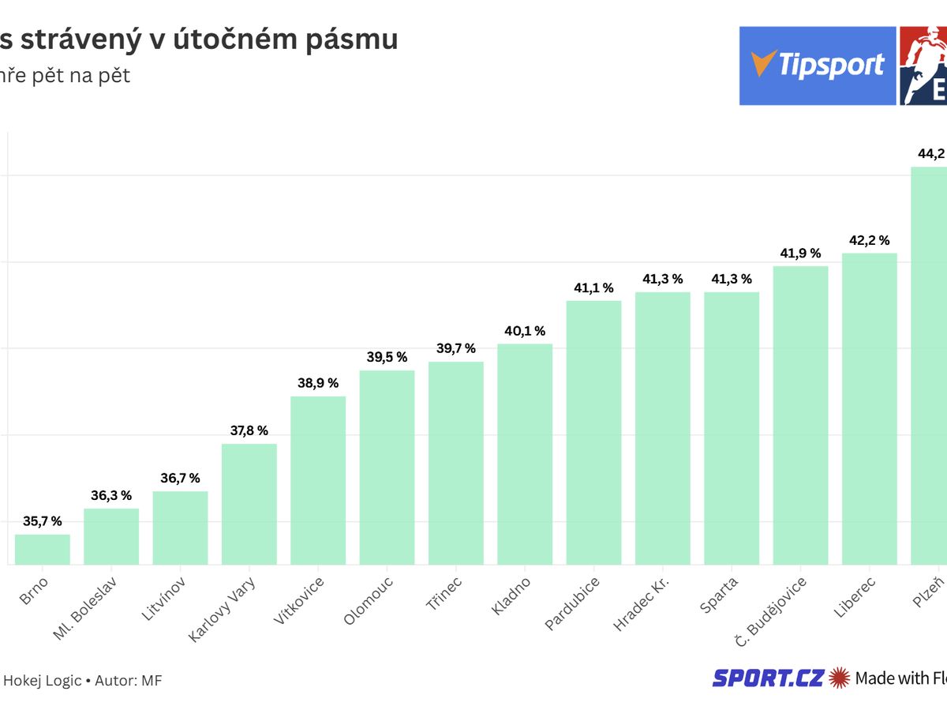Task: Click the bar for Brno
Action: tap(43, 550)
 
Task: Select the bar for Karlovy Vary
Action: tap(249, 504)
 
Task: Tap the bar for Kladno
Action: tap(525, 454)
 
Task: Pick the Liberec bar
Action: tap(870, 408)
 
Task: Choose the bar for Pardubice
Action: tap(593, 432)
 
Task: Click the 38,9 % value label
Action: tap(318, 383)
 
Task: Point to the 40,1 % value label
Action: tap(525, 331)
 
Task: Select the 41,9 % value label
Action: tap(800, 253)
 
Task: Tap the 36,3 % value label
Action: tap(111, 495)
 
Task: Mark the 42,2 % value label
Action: tap(870, 240)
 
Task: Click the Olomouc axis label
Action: tap(369, 601)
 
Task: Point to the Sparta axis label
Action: tap(718, 596)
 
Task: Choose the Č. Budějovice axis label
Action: tap(770, 612)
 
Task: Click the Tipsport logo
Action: tap(818, 66)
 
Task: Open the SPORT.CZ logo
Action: tap(768, 678)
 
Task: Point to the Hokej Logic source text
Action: tap(43, 680)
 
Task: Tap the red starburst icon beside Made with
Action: tap(839, 678)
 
